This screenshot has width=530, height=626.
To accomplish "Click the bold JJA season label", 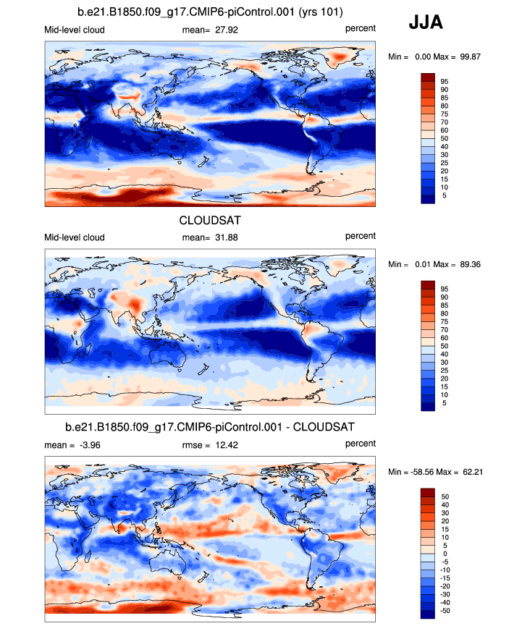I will pos(426,23).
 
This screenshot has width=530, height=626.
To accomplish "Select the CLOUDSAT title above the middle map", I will pos(210,221).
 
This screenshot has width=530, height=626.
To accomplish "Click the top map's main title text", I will pos(210,12).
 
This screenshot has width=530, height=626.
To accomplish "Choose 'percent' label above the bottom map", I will pos(360,443).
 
